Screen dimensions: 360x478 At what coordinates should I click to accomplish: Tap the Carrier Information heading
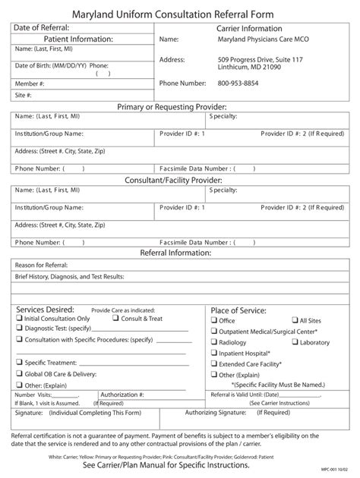pos(250,28)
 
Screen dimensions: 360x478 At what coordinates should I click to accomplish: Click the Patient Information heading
pos(78,39)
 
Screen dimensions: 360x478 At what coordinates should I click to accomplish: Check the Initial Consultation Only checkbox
pos(19,319)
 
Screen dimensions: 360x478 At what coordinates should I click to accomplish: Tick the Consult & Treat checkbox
pos(115,319)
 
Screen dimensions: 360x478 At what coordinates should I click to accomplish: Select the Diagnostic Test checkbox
pos(19,329)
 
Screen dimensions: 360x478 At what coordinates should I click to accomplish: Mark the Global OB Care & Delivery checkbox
pos(19,374)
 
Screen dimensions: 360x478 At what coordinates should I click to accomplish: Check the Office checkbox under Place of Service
pos(214,321)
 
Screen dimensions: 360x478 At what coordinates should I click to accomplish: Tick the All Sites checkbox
pos(294,321)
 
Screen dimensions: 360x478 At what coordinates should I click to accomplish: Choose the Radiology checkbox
pos(214,342)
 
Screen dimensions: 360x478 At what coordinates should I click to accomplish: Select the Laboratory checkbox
pos(294,342)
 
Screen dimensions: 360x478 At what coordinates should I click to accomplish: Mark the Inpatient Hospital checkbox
pos(214,353)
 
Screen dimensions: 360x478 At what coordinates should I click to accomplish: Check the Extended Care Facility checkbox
pos(214,364)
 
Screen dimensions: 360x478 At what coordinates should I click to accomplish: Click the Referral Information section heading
pos(180,252)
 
